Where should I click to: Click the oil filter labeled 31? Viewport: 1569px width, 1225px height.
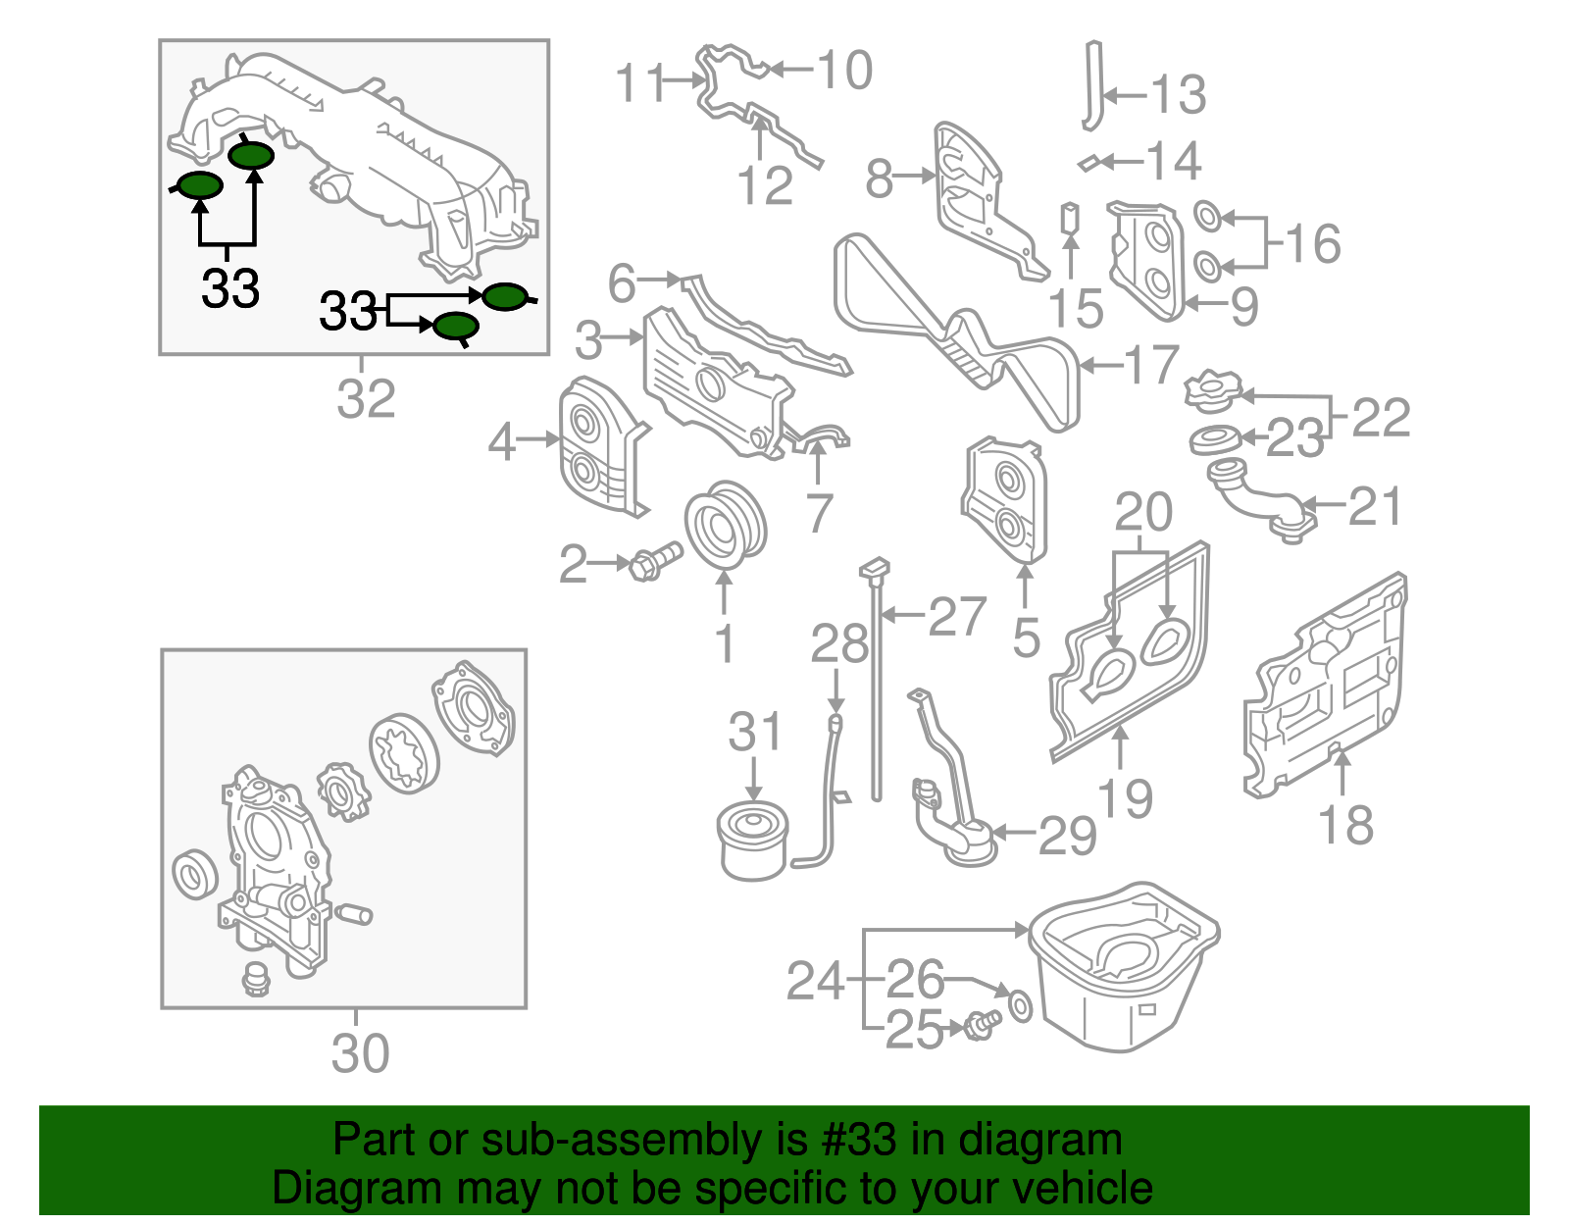click(752, 842)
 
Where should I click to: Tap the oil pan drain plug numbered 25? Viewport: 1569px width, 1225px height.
click(980, 1025)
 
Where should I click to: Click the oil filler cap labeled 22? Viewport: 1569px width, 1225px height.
click(1212, 389)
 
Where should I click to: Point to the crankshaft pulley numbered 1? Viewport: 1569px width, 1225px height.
click(725, 525)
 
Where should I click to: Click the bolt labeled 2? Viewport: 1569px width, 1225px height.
click(654, 562)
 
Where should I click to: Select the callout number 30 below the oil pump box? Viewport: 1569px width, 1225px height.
click(360, 1053)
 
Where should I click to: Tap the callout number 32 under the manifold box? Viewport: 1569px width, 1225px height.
click(366, 398)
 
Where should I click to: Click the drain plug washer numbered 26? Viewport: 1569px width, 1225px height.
click(1020, 1005)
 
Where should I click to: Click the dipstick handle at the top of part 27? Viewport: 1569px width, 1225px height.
click(874, 567)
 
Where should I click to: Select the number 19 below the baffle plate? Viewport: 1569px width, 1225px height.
click(1125, 798)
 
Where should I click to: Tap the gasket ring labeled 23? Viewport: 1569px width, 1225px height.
click(1215, 440)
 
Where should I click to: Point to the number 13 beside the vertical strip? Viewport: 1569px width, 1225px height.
click(1177, 95)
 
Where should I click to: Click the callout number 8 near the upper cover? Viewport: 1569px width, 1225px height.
click(879, 179)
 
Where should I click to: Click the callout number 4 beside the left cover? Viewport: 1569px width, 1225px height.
click(501, 442)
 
